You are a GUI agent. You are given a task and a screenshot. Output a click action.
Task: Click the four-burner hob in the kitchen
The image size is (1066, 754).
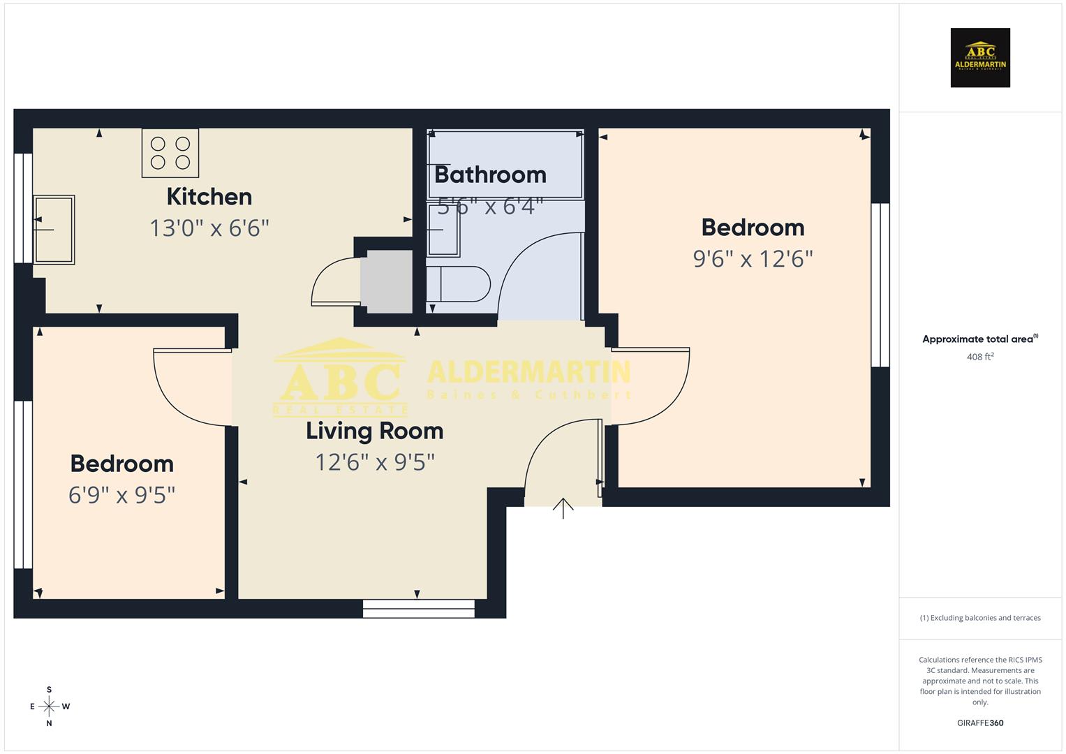[x=170, y=153]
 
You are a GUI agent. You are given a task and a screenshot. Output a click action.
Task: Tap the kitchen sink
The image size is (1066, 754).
[x=54, y=230]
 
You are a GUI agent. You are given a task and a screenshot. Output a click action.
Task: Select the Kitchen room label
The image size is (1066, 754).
[x=209, y=197]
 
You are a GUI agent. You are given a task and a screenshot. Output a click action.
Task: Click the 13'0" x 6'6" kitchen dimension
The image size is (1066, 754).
[x=209, y=228]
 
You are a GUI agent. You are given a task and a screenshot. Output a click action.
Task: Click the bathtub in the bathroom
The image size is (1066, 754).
[x=505, y=165]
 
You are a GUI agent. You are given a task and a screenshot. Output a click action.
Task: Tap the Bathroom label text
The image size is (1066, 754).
[x=490, y=175]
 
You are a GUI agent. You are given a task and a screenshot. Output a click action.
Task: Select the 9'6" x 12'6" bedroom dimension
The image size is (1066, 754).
[x=753, y=259]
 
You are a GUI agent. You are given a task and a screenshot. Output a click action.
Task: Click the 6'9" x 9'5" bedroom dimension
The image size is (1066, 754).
[x=121, y=495]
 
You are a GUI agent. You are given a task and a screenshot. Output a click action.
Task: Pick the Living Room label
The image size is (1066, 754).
[x=374, y=431]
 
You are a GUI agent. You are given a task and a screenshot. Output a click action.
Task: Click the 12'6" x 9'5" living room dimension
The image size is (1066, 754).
[x=375, y=462]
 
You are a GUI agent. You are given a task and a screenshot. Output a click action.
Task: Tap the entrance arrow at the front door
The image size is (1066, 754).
[x=563, y=508]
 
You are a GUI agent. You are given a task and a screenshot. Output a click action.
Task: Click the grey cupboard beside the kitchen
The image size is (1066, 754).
[x=386, y=282]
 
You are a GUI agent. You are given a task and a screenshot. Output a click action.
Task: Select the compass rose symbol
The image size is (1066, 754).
[x=49, y=707]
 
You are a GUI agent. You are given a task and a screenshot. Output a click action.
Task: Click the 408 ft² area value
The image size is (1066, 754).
[x=979, y=357]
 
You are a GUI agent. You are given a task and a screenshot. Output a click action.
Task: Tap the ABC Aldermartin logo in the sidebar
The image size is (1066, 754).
[x=980, y=58]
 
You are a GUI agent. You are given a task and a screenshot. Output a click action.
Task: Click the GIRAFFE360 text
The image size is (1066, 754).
[x=979, y=723]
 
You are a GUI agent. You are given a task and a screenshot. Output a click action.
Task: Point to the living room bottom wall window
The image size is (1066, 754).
[x=418, y=609]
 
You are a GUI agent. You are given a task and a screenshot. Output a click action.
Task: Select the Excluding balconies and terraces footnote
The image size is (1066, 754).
[x=979, y=618]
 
